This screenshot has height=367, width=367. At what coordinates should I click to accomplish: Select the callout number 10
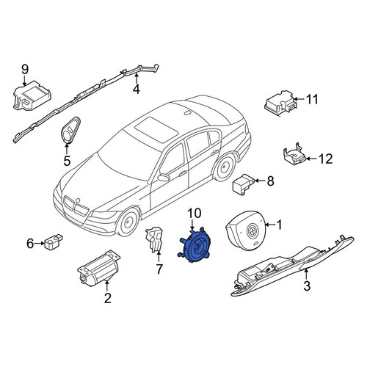coord(195,213)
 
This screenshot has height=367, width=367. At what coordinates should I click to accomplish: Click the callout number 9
coord(25,69)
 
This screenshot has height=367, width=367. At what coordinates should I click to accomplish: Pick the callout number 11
coord(312,99)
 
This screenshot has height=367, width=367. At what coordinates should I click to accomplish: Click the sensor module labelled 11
coord(281,103)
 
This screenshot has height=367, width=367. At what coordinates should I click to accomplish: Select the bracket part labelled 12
coord(294,155)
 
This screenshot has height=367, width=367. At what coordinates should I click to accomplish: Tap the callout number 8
coord(270,181)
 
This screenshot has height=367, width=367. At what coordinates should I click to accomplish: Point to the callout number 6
coord(30,244)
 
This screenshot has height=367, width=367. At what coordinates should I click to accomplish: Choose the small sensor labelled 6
coord(54,241)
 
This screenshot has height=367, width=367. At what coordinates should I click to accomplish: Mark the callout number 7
coord(159,269)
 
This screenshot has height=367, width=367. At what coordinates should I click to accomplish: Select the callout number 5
coord(67,161)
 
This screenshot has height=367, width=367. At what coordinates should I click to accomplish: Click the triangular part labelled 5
coord(71,130)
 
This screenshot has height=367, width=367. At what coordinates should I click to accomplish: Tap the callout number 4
coord(137,89)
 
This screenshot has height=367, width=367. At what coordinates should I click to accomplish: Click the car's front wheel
coord(128,222)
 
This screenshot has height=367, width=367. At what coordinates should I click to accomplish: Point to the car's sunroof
coord(156,127)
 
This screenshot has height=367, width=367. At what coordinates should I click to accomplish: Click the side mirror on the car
coord(164,178)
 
